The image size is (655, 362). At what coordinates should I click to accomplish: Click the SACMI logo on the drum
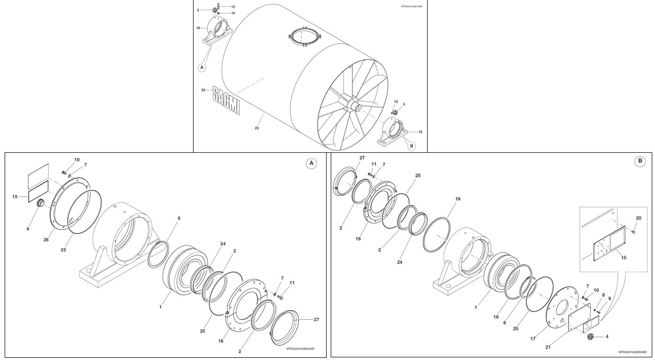tap(226, 100)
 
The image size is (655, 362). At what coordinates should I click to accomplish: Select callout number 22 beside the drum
tap(203, 90)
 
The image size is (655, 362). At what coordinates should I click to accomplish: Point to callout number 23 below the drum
tap(257, 128)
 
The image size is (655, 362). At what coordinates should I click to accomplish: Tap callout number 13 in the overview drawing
tap(233, 7)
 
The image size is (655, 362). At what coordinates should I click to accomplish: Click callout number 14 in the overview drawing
tap(233, 13)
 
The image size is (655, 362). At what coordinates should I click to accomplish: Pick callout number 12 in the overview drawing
tap(396, 102)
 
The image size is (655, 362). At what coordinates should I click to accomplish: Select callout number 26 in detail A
tap(46, 240)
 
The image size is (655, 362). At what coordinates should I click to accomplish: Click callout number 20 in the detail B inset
tap(638, 218)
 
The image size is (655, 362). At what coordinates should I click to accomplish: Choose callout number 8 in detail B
tap(603, 295)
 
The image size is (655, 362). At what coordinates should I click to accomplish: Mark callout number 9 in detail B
tap(609, 299)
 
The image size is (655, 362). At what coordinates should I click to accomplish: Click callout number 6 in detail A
tap(179, 218)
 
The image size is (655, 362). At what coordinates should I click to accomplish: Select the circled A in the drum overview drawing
tap(202, 67)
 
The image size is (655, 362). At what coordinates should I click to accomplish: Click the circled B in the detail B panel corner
tap(639, 161)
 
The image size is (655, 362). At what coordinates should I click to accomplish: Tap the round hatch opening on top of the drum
tap(305, 37)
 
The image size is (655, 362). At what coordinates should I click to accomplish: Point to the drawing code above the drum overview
tap(412, 7)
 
